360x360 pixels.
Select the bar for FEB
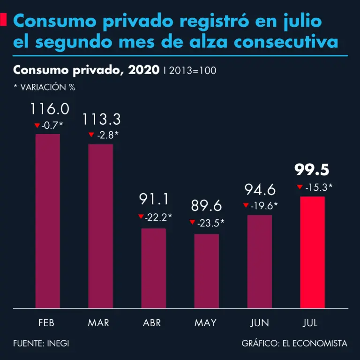48,221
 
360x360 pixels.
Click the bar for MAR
101,226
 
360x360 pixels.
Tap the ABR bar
154,268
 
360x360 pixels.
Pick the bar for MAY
207,271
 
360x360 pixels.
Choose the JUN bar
260,262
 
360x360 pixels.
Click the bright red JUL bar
312,252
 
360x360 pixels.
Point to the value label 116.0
50,109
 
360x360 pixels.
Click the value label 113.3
101,120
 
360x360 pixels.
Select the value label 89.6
207,206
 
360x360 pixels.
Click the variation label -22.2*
158,217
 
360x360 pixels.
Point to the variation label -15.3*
319,187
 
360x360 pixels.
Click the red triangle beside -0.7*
37,126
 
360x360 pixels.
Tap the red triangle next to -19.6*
246,205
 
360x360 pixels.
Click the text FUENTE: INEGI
41,344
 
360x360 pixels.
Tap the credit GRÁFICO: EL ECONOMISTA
294,344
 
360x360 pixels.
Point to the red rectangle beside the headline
4,20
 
